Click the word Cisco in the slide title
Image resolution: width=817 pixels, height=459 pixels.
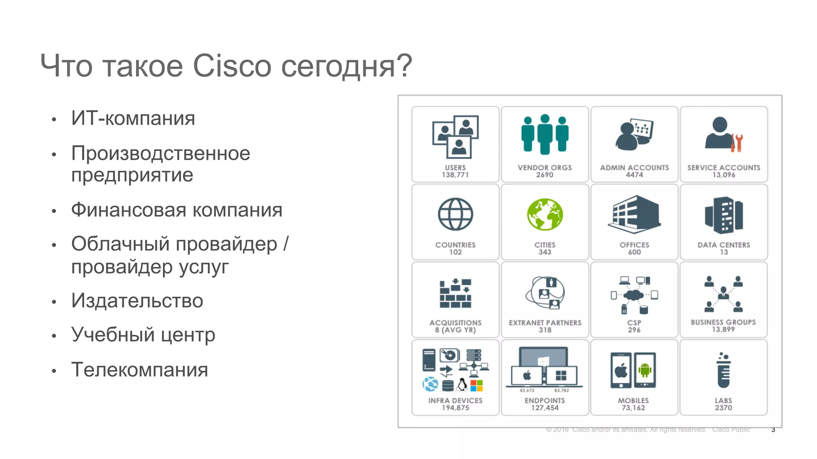pyautogui.click(x=232, y=66)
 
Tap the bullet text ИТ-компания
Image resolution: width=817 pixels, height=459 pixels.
pyautogui.click(x=133, y=118)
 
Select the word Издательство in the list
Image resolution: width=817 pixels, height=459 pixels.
pyautogui.click(x=137, y=301)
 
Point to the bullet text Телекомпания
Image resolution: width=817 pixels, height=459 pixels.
pyautogui.click(x=140, y=370)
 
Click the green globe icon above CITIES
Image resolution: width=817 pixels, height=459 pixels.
pyautogui.click(x=545, y=214)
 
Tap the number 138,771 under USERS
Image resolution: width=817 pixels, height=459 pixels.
pyautogui.click(x=455, y=175)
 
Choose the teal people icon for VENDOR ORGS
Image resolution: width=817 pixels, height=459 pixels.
pyautogui.click(x=545, y=134)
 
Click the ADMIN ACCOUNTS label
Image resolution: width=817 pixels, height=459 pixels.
pyautogui.click(x=634, y=168)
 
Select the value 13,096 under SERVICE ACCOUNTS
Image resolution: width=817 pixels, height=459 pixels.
pyautogui.click(x=724, y=175)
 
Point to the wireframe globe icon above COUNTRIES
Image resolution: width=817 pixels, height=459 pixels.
pyautogui.click(x=455, y=214)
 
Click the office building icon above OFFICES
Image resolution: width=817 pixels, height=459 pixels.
pyautogui.click(x=634, y=214)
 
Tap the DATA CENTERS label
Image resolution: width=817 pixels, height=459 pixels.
pyautogui.click(x=724, y=245)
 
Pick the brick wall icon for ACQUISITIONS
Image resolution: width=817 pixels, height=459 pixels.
pyautogui.click(x=455, y=293)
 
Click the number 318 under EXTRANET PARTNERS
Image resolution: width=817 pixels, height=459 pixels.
pyautogui.click(x=545, y=330)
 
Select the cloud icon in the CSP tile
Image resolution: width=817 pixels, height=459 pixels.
pyautogui.click(x=634, y=295)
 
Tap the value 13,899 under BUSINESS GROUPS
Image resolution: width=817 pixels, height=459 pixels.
pyautogui.click(x=723, y=330)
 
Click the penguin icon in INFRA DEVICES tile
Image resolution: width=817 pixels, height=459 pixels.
pyautogui.click(x=462, y=385)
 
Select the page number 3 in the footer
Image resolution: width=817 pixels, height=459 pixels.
pyautogui.click(x=773, y=430)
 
